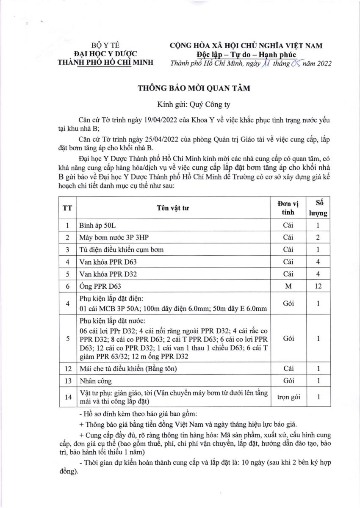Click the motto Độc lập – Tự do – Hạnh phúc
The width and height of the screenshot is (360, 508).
247,55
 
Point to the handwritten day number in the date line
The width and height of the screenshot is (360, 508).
265,64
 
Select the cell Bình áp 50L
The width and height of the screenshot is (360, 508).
97,226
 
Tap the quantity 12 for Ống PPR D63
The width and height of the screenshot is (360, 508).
318,286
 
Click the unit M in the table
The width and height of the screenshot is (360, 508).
288,286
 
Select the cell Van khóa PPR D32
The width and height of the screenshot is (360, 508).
108,274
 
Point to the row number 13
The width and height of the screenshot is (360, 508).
67,381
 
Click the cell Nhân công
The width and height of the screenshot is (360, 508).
94,381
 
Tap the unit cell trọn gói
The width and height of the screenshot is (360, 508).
288,397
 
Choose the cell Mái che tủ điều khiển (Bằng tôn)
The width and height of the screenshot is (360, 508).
128,368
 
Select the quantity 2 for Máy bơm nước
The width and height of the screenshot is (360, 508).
318,238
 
